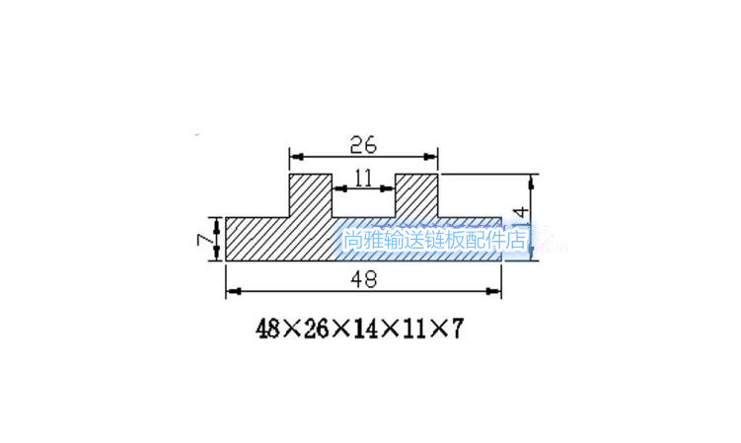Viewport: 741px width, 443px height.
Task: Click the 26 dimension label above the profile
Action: (362, 144)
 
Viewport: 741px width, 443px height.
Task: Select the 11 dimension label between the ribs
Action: (362, 178)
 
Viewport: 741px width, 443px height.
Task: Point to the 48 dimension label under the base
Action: (362, 279)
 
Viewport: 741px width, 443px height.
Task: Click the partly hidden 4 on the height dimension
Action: (523, 212)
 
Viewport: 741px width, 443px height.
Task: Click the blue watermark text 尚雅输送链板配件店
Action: (435, 240)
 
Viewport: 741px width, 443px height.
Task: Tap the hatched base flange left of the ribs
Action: (257, 240)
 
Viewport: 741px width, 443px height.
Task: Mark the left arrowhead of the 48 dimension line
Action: (233, 291)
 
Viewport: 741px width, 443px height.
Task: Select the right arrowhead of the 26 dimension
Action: (431, 156)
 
